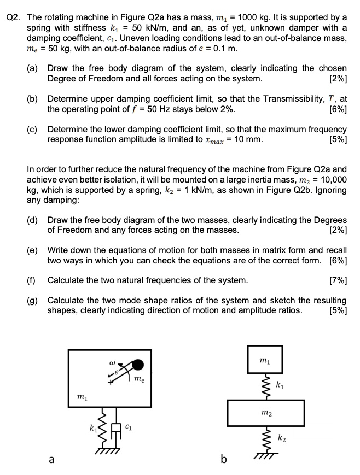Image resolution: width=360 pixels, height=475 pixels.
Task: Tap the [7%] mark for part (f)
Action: pyautogui.click(x=336, y=280)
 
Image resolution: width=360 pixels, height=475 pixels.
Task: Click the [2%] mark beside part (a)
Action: pyautogui.click(x=336, y=78)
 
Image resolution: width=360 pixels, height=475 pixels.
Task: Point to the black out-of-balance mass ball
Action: pyautogui.click(x=140, y=365)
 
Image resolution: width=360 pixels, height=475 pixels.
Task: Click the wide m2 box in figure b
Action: pyautogui.click(x=265, y=416)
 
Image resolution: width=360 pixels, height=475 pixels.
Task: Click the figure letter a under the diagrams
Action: pyautogui.click(x=51, y=460)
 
